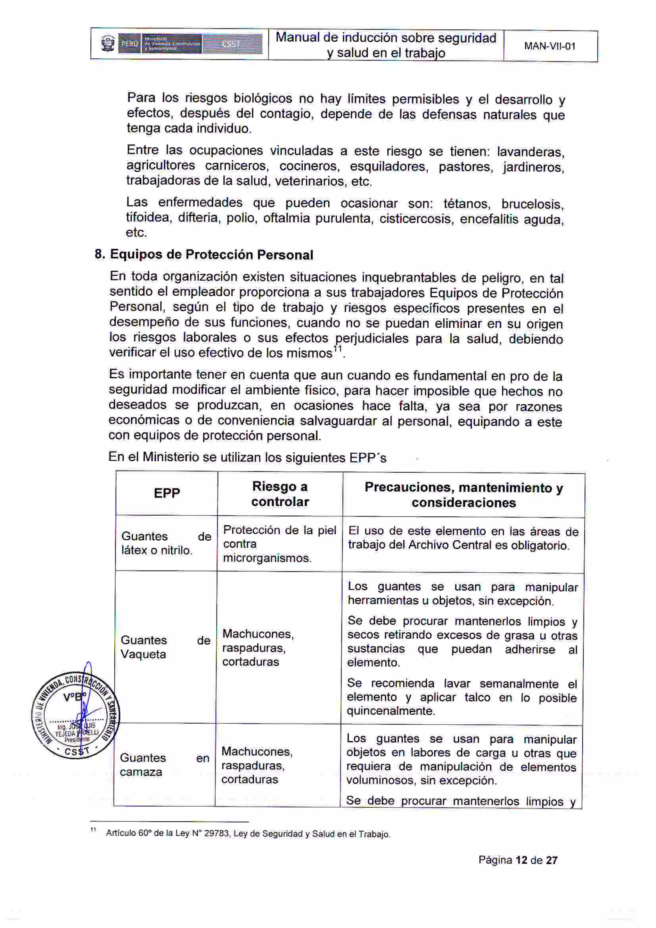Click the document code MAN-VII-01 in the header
point(549,46)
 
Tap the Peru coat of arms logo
point(108,44)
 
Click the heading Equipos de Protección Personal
point(211,255)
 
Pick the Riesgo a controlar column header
point(280,494)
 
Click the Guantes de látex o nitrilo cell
point(166,543)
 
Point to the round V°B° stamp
point(76,716)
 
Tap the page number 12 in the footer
point(521,860)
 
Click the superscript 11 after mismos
point(338,349)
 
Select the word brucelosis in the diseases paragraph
point(532,204)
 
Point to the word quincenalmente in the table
point(390,711)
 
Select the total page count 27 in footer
point(551,860)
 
